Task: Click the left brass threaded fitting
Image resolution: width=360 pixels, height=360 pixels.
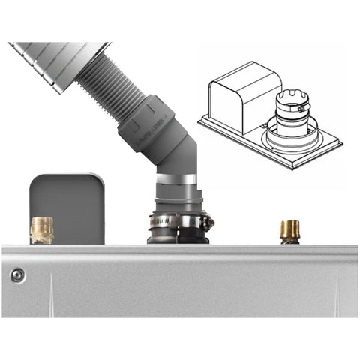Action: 42,229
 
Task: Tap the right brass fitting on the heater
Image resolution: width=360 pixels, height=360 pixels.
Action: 289,230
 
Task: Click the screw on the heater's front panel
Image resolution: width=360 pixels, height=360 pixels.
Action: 16,275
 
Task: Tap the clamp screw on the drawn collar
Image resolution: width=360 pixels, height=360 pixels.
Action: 302,109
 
